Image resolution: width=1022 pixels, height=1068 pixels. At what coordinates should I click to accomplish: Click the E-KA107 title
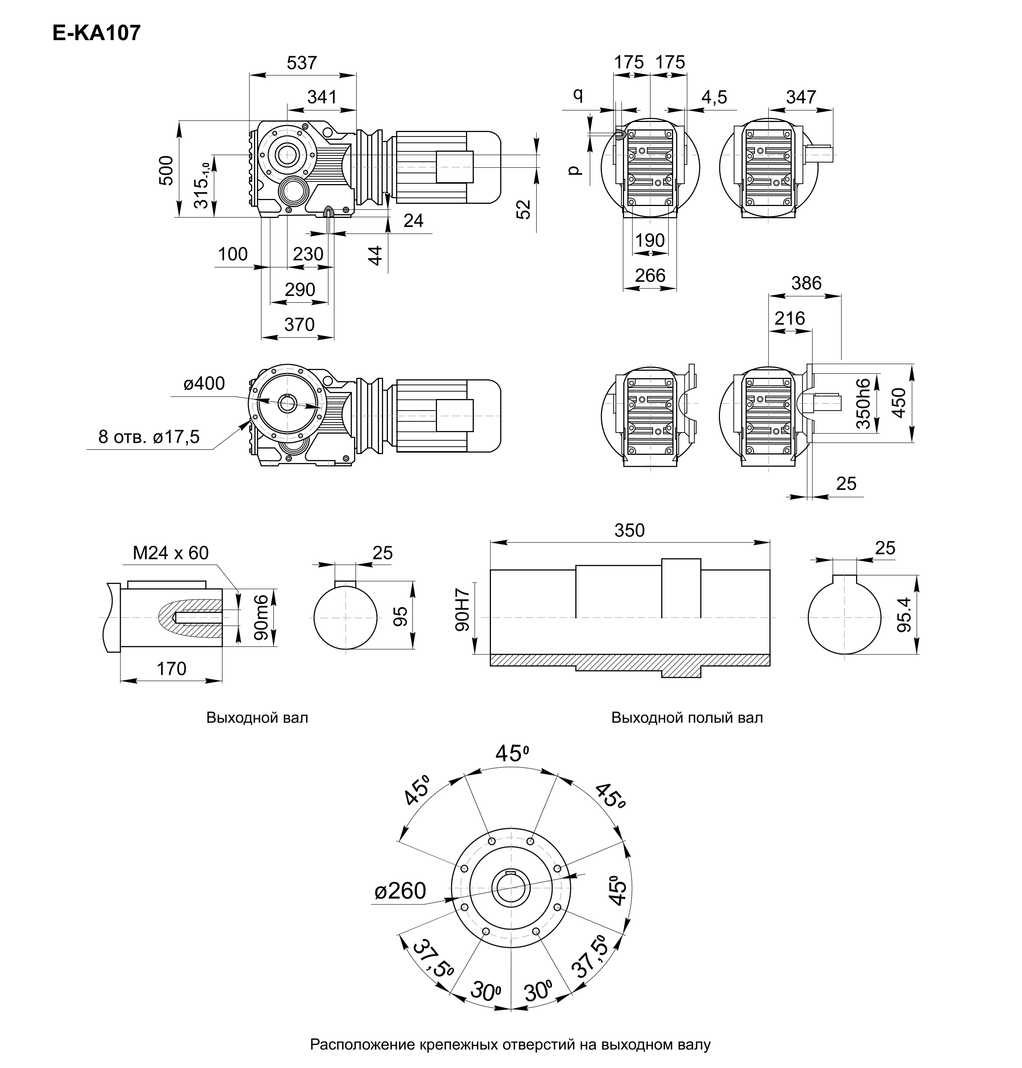(x=96, y=33)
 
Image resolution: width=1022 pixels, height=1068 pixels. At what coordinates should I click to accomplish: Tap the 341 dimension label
(x=322, y=97)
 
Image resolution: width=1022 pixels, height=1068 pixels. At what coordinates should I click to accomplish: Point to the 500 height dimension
(x=166, y=170)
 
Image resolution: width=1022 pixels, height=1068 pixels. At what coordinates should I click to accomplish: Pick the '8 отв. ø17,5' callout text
(x=149, y=437)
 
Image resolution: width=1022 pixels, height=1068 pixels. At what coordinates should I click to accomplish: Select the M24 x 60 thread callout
(x=170, y=553)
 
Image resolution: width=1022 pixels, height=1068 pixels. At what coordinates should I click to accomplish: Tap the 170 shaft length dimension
(x=171, y=668)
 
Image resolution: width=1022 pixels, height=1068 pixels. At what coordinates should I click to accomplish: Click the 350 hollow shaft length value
(x=629, y=530)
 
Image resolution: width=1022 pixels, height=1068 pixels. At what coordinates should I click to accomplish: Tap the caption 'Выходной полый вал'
(x=687, y=718)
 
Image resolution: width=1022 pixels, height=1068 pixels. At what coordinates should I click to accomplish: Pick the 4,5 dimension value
(x=714, y=97)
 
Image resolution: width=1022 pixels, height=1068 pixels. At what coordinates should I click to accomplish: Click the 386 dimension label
(x=806, y=283)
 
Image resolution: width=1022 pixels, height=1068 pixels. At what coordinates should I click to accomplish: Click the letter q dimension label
(x=578, y=95)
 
